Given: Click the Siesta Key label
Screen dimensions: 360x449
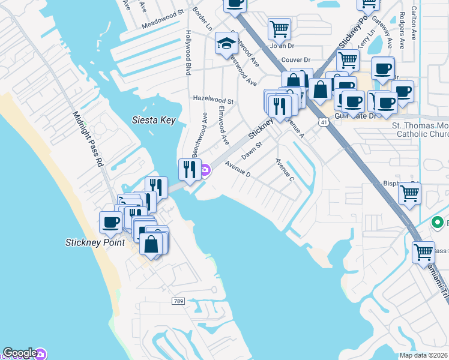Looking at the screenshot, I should point(154,121).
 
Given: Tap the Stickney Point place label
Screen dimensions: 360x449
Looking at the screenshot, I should point(95,243).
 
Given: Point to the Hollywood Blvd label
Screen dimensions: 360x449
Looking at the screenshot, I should point(188,53).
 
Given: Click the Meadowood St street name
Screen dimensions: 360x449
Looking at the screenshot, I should point(163,20).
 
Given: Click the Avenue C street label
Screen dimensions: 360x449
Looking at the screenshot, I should point(285,170).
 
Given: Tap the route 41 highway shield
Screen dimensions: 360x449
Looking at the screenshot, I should point(324,122).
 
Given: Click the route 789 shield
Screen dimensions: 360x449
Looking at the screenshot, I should point(177,301).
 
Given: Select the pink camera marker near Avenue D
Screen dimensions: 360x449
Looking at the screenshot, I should point(205,172).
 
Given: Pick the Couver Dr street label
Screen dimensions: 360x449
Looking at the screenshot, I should point(295,60).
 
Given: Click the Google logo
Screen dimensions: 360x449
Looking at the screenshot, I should point(20,353).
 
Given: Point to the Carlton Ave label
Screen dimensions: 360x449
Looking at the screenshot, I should point(413,24).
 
